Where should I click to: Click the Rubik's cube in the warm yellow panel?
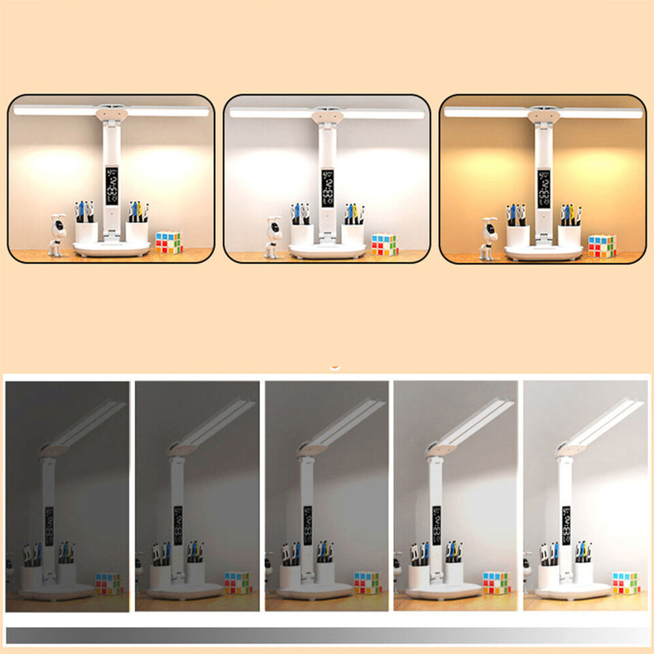602,246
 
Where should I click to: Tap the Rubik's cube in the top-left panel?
169,242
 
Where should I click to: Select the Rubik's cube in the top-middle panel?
385,244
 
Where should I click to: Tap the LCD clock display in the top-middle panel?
327,188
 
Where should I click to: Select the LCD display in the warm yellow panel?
543,190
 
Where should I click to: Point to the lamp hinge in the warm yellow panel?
543,115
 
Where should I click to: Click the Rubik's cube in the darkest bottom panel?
109,583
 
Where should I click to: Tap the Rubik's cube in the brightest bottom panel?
626,583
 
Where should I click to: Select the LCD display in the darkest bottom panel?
49,526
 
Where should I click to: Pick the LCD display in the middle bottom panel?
307,526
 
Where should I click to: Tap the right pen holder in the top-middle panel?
353,233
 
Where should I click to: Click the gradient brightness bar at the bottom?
327,635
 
